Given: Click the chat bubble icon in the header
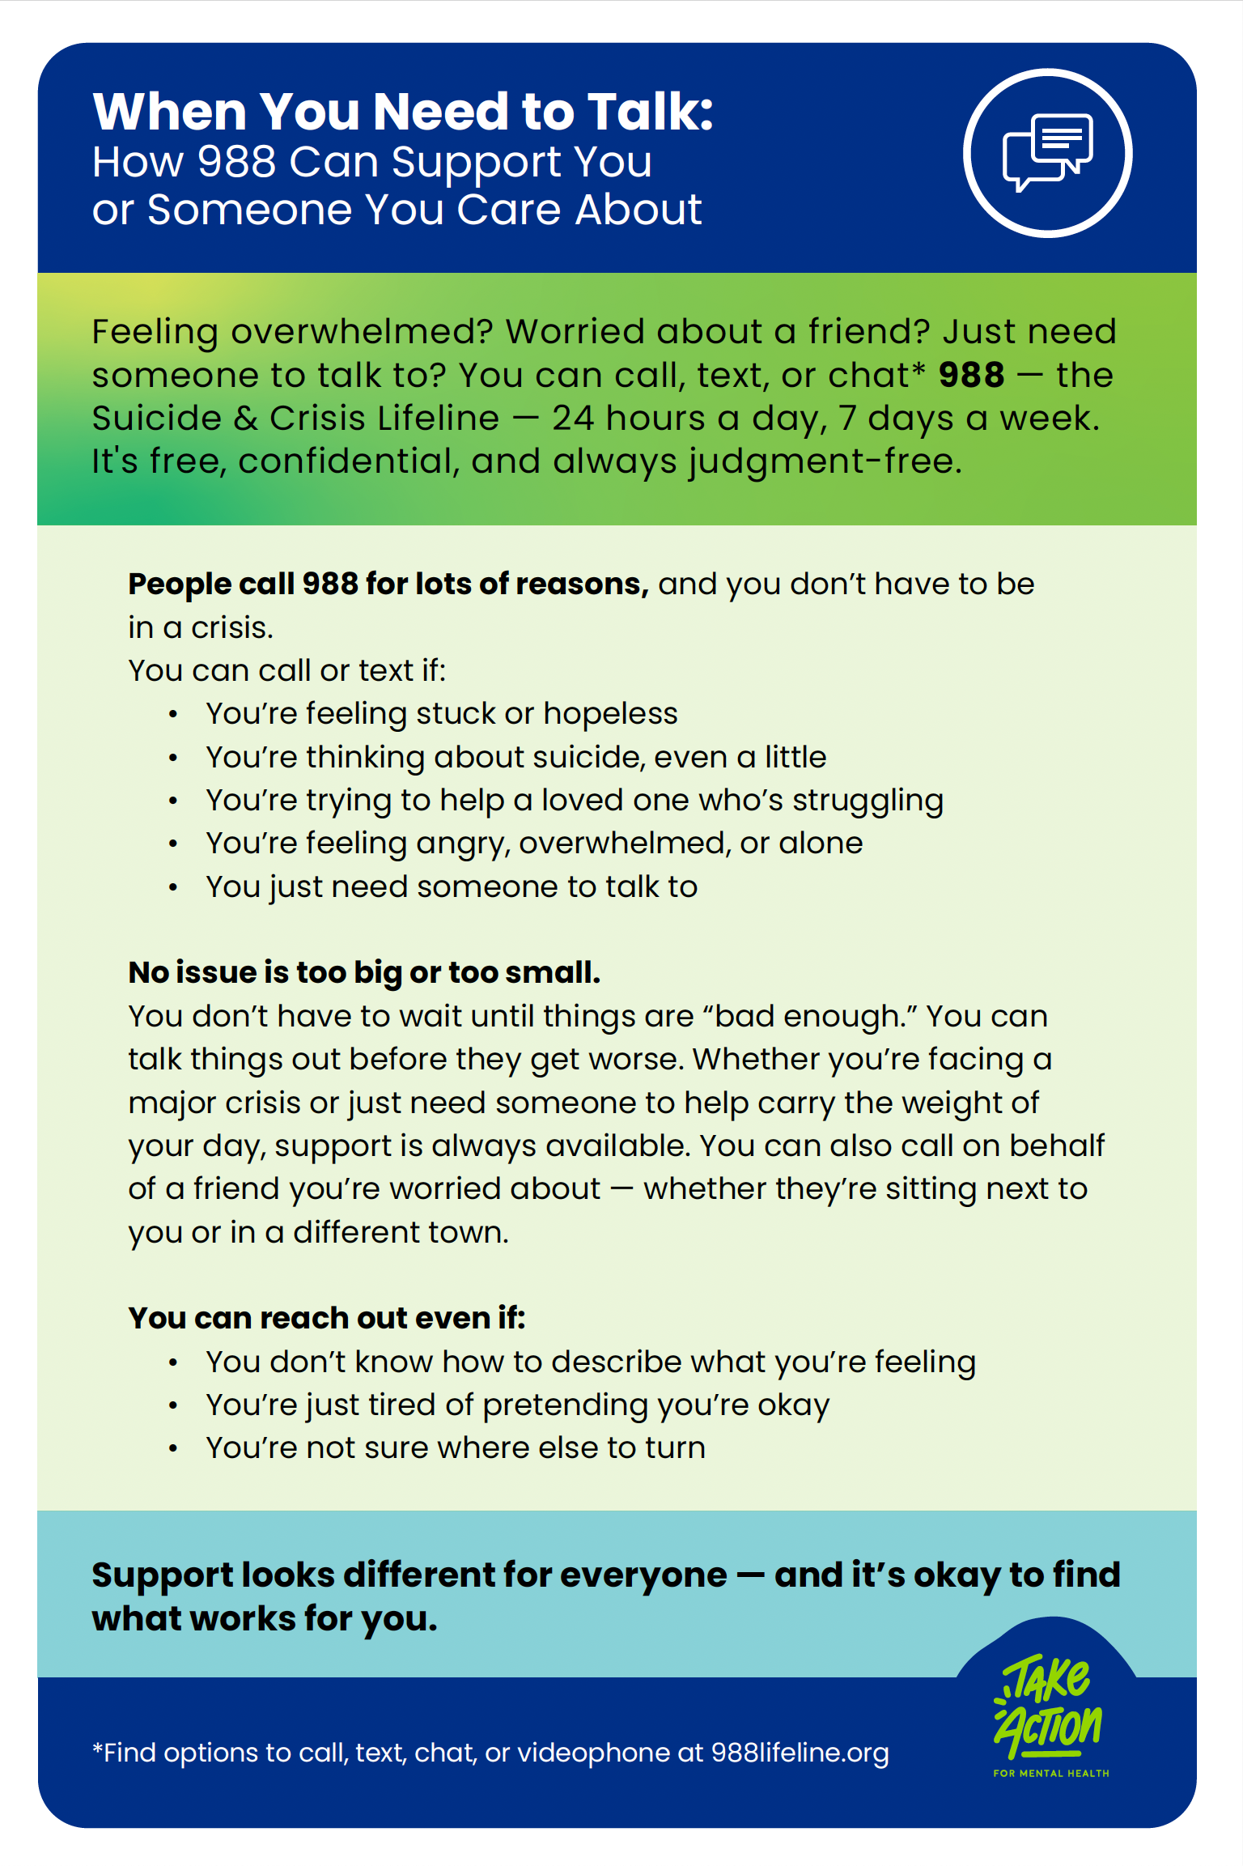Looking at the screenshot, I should click(x=1047, y=153).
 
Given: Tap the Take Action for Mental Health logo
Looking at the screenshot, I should click(x=1048, y=1715).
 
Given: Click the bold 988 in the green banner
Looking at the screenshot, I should click(x=971, y=375).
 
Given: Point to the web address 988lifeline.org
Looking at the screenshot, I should click(x=800, y=1753).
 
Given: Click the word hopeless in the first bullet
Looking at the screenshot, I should click(x=610, y=713).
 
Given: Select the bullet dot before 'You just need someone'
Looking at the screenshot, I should click(x=173, y=887).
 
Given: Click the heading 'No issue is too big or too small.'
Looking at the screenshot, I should click(x=364, y=972).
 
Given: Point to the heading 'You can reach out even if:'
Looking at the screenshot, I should click(x=327, y=1318).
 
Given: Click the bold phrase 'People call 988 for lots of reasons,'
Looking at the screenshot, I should click(x=388, y=584).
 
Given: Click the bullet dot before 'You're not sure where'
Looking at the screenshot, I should click(x=173, y=1448).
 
